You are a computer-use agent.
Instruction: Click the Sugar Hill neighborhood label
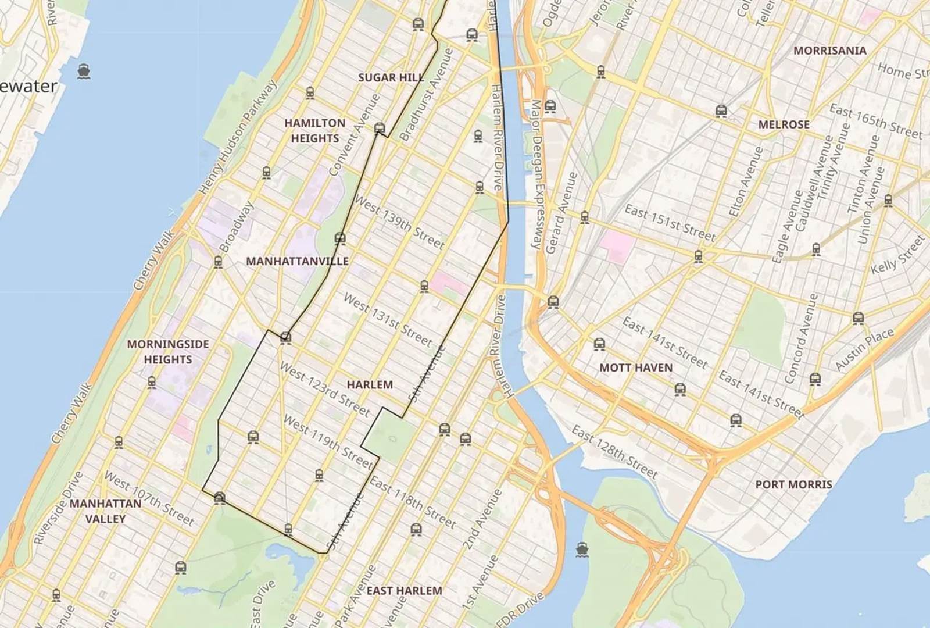(x=391, y=77)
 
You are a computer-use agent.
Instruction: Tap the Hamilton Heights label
(x=314, y=131)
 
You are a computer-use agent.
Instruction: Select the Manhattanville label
(x=297, y=261)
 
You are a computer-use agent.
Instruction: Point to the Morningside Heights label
(x=168, y=352)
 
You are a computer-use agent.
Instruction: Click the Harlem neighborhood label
(x=370, y=384)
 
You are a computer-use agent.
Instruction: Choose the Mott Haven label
(x=635, y=367)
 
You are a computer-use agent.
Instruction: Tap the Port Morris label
(x=793, y=484)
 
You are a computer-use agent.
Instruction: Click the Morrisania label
(x=829, y=51)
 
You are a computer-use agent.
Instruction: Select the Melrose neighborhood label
(x=784, y=124)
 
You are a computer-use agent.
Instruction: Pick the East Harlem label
(x=404, y=591)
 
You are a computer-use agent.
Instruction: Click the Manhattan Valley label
(x=105, y=511)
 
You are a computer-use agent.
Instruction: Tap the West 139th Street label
(x=399, y=223)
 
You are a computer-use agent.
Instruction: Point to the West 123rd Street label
(x=324, y=389)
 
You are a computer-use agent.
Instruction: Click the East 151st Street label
(x=670, y=223)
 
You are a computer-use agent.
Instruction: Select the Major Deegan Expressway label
(x=536, y=174)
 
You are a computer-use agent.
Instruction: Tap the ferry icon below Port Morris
(x=581, y=549)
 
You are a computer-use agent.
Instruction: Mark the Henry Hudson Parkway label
(x=238, y=137)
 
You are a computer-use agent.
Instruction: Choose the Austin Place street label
(x=864, y=349)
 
